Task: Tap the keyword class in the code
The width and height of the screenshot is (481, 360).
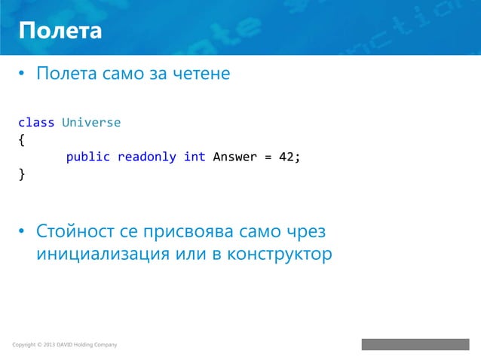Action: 36,122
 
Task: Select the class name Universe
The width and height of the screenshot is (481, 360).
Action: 91,122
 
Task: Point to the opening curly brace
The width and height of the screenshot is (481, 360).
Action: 21,139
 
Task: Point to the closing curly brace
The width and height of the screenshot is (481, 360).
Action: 21,175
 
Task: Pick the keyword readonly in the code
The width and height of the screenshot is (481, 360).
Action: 146,157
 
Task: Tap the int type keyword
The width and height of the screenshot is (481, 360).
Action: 195,157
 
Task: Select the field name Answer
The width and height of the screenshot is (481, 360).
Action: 235,157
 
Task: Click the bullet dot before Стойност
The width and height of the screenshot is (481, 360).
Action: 23,230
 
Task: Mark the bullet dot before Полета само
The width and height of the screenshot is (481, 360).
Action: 23,75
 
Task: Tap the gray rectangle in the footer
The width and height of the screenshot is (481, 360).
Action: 415,344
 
